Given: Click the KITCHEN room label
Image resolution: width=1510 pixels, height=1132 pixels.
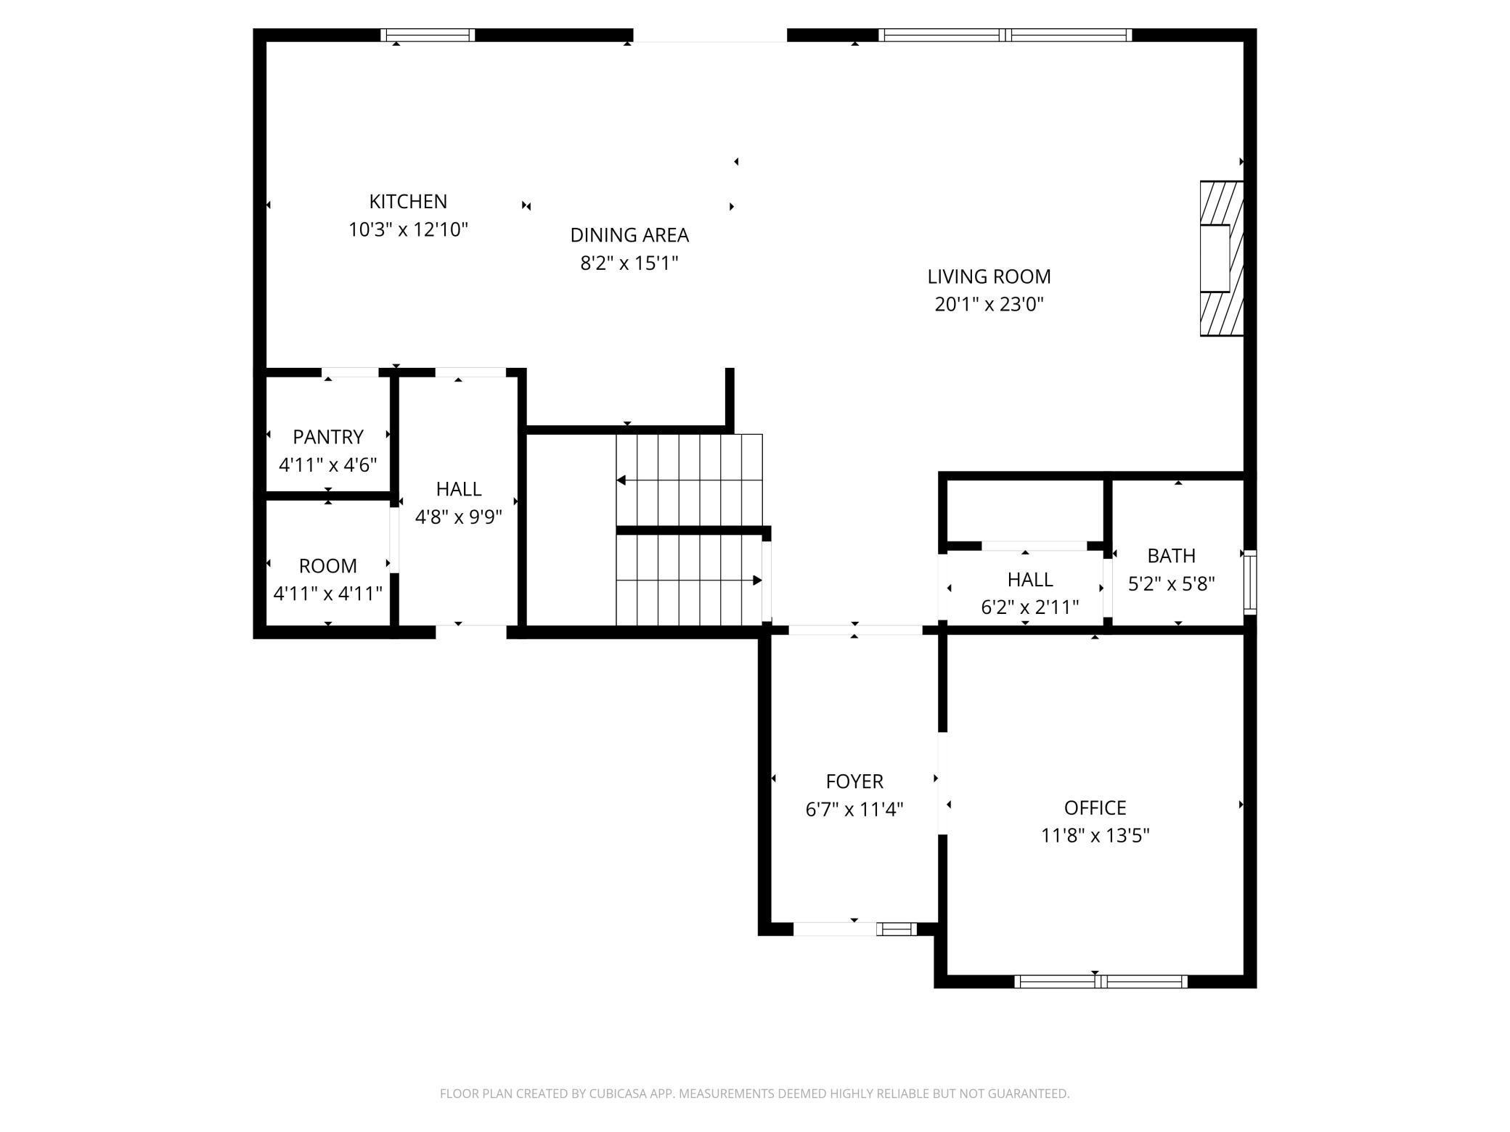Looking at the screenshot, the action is pos(408,201).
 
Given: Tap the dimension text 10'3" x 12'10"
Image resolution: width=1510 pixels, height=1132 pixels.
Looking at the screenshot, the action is pos(408,229).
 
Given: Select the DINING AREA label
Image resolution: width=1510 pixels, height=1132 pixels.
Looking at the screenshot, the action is pos(629,235).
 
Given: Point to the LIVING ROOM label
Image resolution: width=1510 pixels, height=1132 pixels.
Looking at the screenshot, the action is pos(989,276).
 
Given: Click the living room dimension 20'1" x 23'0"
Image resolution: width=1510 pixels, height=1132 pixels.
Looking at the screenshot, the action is pos(989,304).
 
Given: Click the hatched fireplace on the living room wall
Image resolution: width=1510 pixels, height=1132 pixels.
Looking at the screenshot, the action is pos(1222,258).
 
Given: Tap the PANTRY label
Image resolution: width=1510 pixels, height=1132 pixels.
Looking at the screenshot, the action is pos(328,437).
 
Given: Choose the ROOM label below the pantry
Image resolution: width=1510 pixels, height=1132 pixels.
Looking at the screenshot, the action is pos(328,566).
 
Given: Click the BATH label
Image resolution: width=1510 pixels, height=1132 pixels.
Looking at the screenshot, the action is pos(1172,556).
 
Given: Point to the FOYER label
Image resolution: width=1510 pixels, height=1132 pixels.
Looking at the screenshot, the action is pos(854,782).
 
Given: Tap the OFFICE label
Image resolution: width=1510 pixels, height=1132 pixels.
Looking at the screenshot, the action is pos(1095,808).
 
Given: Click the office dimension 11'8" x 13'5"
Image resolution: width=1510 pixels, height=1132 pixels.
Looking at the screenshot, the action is pos(1095,836).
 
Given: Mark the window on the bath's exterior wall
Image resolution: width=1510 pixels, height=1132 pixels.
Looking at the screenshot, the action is pos(1250,583).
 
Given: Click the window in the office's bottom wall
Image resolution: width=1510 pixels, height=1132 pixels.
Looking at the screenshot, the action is pos(1101,982).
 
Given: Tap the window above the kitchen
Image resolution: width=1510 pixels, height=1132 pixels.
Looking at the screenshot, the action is pos(428,35).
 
